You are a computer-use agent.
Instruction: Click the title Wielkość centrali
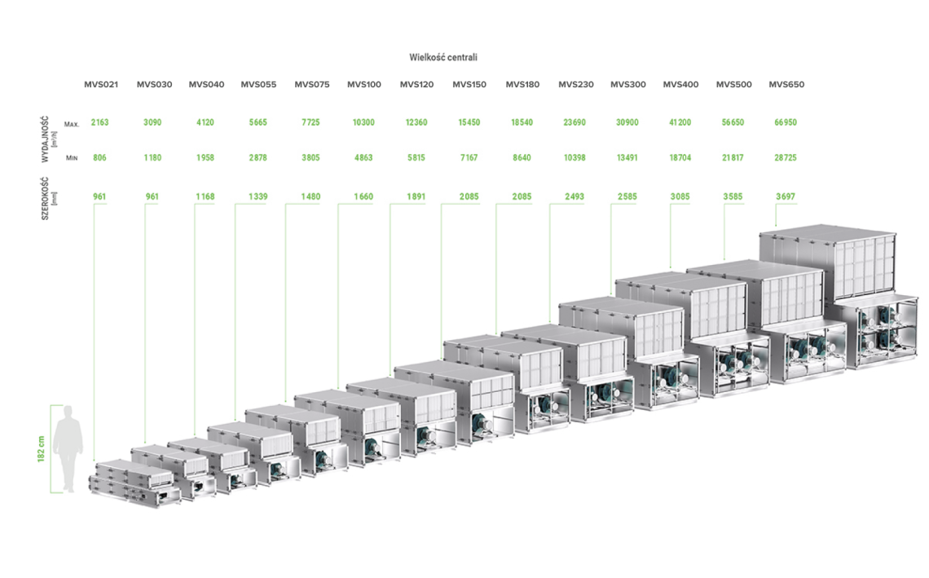coord(442,57)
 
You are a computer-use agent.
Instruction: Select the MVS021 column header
coord(101,84)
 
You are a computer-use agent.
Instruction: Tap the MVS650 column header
coord(786,84)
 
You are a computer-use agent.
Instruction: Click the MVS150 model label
coord(469,84)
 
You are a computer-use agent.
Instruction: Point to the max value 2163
coord(100,122)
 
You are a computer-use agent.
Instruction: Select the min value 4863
coord(363,157)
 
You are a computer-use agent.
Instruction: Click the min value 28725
coord(786,157)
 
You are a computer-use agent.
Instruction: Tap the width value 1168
coord(205,196)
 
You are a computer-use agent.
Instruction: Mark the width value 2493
coord(575,196)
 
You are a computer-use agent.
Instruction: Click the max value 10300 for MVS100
coord(363,122)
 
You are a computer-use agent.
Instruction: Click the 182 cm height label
coord(40,449)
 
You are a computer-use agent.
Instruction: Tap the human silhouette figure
coord(68,448)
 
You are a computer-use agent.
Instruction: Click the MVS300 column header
coord(628,84)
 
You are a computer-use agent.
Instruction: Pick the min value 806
coord(100,157)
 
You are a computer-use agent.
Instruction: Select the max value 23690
coord(575,122)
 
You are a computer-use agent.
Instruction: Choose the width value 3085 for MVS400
coord(680,196)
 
